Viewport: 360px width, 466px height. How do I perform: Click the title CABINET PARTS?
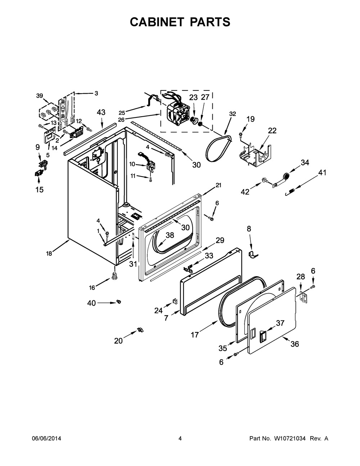click(x=180, y=22)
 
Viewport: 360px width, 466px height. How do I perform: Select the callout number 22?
click(x=272, y=131)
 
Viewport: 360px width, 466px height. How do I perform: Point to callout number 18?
click(x=49, y=253)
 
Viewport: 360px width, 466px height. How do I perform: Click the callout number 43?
click(x=101, y=112)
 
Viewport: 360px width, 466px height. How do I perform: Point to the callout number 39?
click(x=40, y=95)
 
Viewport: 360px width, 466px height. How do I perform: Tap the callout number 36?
click(x=294, y=344)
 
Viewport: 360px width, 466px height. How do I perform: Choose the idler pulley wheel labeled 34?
click(x=286, y=176)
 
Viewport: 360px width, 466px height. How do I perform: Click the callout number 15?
click(x=39, y=189)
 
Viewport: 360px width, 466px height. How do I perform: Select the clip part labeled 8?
click(x=254, y=254)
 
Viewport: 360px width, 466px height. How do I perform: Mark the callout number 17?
click(x=194, y=335)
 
